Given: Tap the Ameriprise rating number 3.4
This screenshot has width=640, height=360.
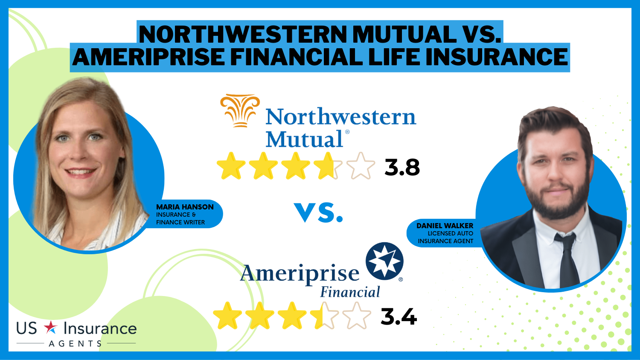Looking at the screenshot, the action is [399, 317].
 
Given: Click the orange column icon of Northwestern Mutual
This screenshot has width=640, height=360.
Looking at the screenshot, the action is [240, 110].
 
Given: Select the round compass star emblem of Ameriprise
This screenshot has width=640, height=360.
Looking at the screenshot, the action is [384, 261].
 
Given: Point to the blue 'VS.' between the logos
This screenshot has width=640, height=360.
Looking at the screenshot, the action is [318, 212].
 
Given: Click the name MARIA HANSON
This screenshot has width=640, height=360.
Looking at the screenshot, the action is [185, 207].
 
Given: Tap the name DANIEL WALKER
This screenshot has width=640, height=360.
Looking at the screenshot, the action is [445, 226].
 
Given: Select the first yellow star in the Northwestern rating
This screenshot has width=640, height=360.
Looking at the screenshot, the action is [231, 166].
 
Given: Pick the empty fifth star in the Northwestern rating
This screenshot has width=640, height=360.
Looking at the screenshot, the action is [361, 166].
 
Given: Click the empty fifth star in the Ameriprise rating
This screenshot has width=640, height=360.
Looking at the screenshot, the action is [357, 316].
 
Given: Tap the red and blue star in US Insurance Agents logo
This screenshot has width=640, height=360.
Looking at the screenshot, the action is [51, 328].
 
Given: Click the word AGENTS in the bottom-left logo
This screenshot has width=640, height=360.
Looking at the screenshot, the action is [75, 343].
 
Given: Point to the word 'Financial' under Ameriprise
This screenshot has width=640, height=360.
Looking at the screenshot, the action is [350, 292].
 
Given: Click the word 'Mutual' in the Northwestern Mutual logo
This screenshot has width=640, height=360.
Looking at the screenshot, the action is [304, 139].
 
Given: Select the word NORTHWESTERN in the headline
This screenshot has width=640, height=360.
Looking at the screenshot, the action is [243, 34].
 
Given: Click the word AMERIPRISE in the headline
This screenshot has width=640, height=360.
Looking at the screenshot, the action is [148, 57].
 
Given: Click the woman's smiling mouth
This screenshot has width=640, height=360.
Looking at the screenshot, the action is [80, 172].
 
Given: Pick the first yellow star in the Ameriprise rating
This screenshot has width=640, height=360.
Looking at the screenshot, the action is [227, 316].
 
